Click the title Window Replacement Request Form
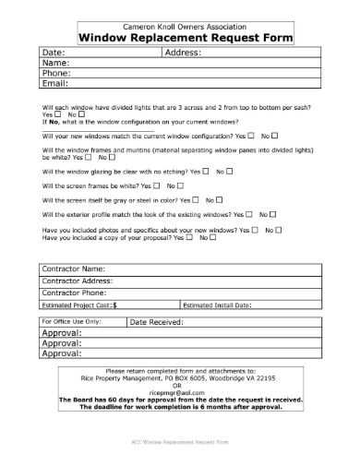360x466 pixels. [186, 38]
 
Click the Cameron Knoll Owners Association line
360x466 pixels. [186, 27]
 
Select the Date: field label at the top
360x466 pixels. [53, 54]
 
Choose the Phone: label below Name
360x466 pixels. [56, 73]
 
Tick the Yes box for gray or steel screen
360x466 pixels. [197, 200]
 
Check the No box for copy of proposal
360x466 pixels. [212, 237]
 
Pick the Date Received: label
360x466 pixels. [156, 322]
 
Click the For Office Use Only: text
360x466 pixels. [71, 321]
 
